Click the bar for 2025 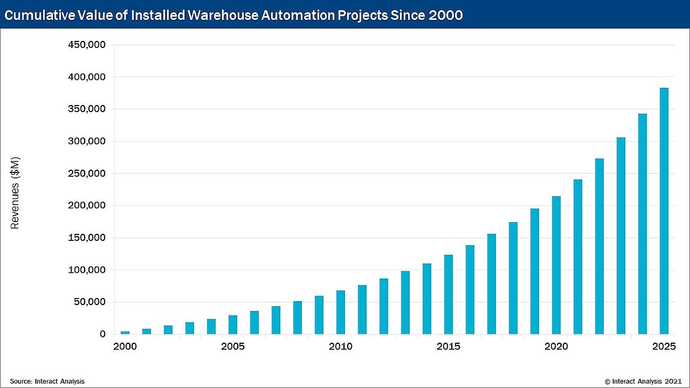click(x=663, y=211)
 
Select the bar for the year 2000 click(x=125, y=333)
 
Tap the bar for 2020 click(x=556, y=265)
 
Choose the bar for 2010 click(x=341, y=312)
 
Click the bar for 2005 click(x=233, y=325)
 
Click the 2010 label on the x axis click(x=341, y=347)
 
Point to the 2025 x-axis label click(x=663, y=347)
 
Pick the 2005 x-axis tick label click(x=233, y=347)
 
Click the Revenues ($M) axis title click(x=15, y=192)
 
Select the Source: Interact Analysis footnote click(x=47, y=381)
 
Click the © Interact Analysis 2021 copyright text click(x=643, y=381)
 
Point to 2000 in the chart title click(x=446, y=15)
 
